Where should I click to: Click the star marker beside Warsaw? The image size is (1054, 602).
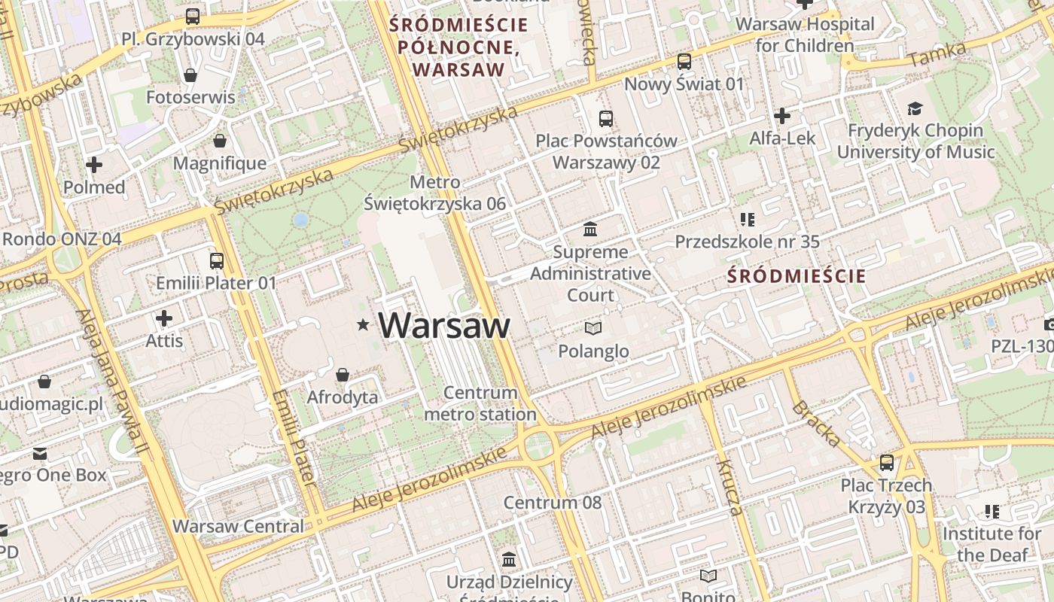tap(363, 325)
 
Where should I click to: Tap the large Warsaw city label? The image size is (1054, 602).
tap(444, 325)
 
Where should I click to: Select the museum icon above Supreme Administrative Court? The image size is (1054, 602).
tap(590, 229)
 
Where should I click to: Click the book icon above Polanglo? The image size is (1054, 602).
tap(593, 328)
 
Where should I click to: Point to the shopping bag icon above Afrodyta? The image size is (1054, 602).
tap(343, 375)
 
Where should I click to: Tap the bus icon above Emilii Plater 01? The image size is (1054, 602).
tap(217, 261)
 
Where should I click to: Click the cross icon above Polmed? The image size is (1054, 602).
tap(94, 165)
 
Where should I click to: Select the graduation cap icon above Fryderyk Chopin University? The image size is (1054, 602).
tap(915, 109)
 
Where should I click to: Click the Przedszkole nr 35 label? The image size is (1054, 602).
tap(747, 242)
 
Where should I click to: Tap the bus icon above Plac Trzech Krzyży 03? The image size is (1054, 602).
tap(887, 463)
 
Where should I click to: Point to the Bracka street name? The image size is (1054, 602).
tap(815, 424)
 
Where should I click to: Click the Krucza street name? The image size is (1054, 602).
tap(730, 487)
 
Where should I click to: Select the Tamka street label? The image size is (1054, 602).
tap(937, 54)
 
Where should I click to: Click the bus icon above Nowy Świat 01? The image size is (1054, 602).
tap(684, 62)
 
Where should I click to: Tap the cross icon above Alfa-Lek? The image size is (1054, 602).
tap(782, 116)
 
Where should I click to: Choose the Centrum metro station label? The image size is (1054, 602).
tap(480, 403)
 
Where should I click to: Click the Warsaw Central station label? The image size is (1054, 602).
tap(238, 526)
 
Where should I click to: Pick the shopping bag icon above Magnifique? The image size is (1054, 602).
tap(220, 141)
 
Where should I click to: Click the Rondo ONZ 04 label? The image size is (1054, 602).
tap(62, 239)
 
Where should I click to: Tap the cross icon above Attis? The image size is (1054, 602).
tap(164, 318)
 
